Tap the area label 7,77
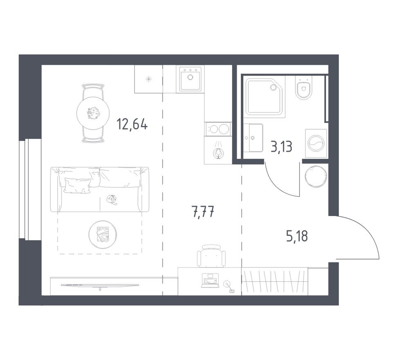point(203,213)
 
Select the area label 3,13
point(281,146)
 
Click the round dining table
point(93,113)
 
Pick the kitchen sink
point(190,79)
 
